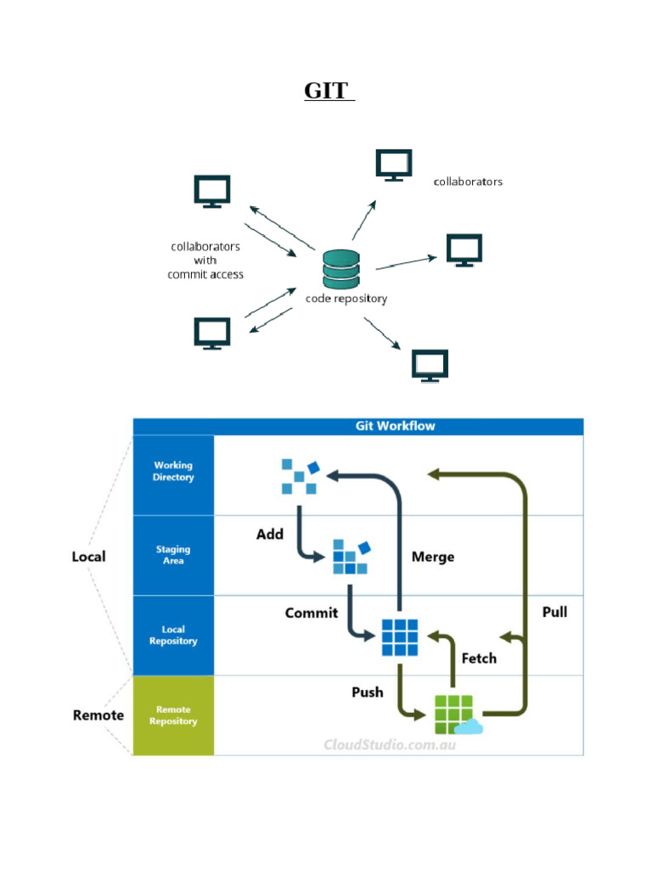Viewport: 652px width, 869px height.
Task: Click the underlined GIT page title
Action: pos(328,91)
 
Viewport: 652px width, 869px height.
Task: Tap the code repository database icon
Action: pos(340,270)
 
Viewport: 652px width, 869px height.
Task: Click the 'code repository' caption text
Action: pos(346,299)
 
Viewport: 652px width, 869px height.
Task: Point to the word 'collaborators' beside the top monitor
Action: pos(468,182)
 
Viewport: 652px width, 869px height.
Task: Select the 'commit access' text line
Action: pos(205,274)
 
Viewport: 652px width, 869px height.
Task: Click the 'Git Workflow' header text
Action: pos(395,426)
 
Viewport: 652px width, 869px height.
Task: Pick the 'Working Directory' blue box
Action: pos(173,472)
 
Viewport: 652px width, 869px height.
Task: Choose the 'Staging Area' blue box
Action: pos(173,555)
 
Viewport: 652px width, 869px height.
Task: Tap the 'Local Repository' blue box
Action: pos(173,636)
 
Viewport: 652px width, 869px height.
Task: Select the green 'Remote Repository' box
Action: pos(173,715)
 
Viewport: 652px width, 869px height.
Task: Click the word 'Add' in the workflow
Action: pos(270,535)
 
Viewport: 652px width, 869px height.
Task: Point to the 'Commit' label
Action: pos(312,613)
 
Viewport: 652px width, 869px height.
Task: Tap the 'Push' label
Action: pos(368,692)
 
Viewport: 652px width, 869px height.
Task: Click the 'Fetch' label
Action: pos(479,658)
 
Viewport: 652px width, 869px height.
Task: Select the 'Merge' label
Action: pos(433,557)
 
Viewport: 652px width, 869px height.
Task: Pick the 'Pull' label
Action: pos(554,611)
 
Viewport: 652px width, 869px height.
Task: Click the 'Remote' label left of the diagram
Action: pos(98,715)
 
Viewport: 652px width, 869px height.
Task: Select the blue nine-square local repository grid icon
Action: pos(399,636)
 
